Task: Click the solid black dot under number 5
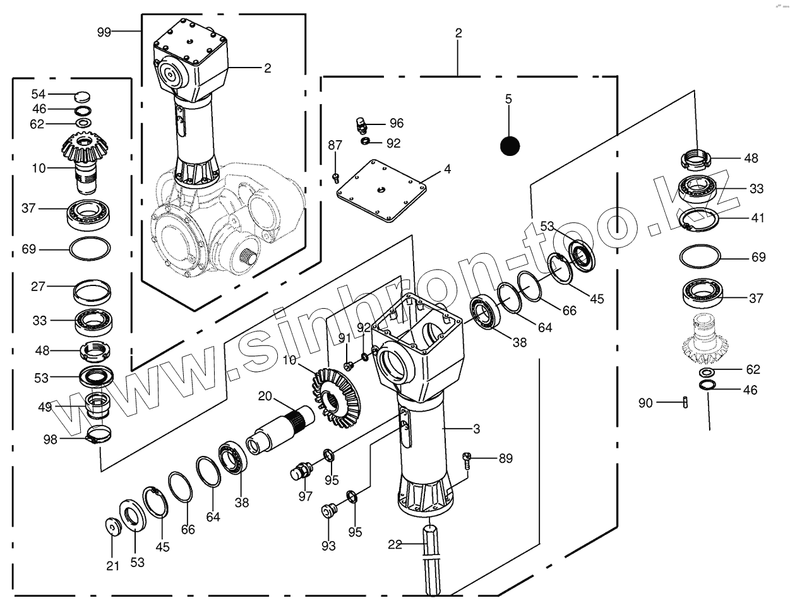[x=510, y=146]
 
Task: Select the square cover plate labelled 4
[x=381, y=191]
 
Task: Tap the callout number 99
[x=104, y=32]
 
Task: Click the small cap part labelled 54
[x=82, y=96]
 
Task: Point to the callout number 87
[x=335, y=145]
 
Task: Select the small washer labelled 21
[x=113, y=527]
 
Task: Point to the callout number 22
[x=395, y=544]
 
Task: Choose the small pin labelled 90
[x=685, y=402]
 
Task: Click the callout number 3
[x=477, y=429]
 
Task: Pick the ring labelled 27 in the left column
[x=92, y=292]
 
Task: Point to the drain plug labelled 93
[x=328, y=511]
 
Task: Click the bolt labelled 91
[x=349, y=366]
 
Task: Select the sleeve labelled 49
[x=97, y=405]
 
